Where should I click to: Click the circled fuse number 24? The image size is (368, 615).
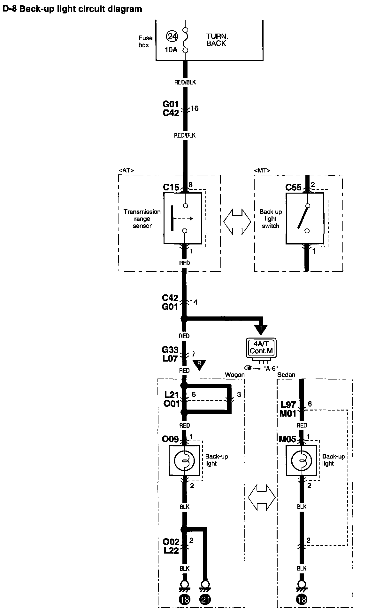pos(172,36)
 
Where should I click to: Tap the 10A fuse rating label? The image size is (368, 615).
pos(171,50)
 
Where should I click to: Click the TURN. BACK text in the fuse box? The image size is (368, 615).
pos(217,40)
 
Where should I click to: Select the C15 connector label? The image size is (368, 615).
pos(171,187)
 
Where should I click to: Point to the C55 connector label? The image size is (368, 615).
pos(293,187)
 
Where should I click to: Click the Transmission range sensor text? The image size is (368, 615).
pos(142,219)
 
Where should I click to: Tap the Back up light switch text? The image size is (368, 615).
pos(270,219)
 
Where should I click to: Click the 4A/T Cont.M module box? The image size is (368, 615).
pos(262,348)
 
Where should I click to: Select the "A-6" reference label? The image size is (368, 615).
pos(270,368)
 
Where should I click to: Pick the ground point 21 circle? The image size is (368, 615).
pos(205,600)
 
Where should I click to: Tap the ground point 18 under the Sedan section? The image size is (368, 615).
pos(302,600)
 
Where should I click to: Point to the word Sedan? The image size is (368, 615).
pos(286,375)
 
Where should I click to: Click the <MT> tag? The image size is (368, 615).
pos(262,170)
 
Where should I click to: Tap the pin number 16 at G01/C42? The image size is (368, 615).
pos(194,108)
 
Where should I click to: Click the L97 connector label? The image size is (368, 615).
pos(288,404)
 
